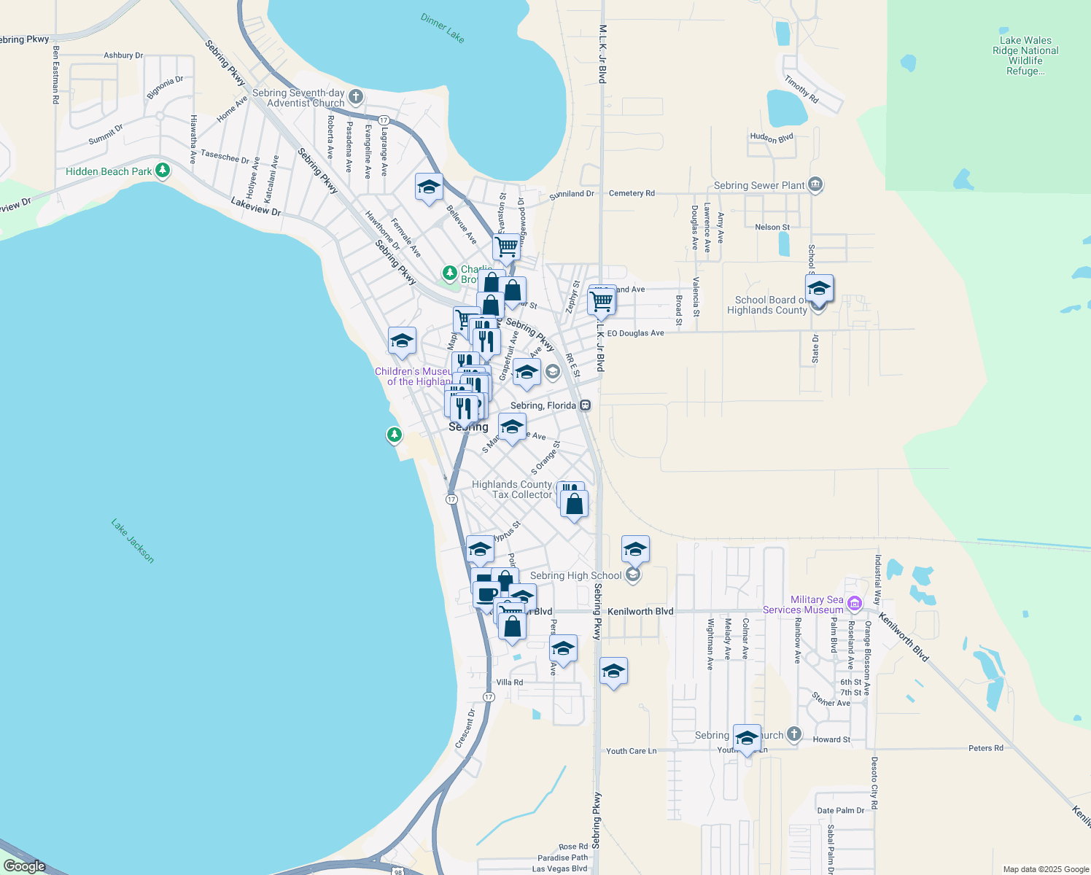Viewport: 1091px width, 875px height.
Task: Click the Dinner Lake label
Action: (443, 28)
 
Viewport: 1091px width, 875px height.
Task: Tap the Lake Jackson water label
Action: (133, 540)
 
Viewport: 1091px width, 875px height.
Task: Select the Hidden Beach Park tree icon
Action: (163, 171)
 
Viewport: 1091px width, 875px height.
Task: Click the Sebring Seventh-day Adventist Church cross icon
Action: (356, 96)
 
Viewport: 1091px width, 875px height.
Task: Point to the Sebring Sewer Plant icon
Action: (815, 185)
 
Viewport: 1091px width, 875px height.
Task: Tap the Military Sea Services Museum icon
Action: (855, 603)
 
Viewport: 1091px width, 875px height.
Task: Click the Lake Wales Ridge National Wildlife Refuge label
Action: (1025, 56)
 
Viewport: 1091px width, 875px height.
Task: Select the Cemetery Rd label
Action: (632, 193)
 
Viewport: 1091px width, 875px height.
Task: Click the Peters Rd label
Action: (986, 748)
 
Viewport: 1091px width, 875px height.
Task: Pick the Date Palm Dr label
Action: (841, 810)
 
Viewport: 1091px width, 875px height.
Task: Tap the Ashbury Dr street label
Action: (123, 55)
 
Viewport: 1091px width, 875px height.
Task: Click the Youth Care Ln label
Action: (632, 751)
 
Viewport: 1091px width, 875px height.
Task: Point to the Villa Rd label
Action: (510, 682)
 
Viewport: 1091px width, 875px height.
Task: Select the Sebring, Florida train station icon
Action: (585, 405)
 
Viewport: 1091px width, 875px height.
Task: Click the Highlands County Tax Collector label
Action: (512, 489)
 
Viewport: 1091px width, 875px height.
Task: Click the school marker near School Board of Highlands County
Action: (819, 289)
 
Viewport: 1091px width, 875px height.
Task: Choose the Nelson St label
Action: (772, 227)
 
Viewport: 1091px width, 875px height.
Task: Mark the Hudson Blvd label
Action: (772, 137)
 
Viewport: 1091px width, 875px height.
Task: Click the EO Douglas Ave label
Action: (635, 333)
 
